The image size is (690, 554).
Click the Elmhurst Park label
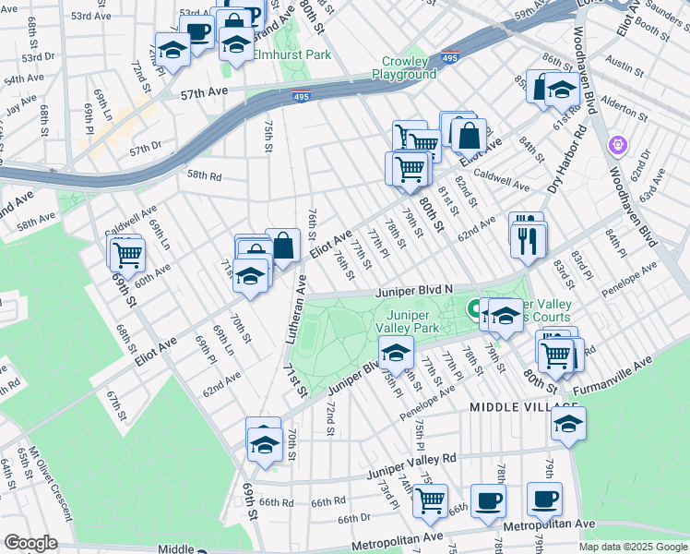[x=292, y=54]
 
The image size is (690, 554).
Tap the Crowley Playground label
[x=404, y=68]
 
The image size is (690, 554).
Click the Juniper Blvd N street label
[x=413, y=290]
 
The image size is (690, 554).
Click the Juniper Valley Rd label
[x=411, y=459]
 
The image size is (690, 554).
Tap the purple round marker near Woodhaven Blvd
[x=618, y=145]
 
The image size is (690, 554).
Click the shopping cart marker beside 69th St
[x=126, y=251]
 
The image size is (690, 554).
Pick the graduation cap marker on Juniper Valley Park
[x=396, y=352]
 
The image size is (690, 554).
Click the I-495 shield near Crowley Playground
[x=449, y=57]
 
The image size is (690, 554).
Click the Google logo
[x=31, y=543]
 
